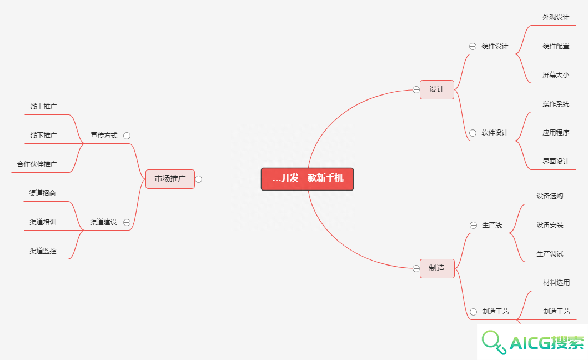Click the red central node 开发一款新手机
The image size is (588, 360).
(307, 179)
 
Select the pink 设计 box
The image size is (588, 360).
(437, 89)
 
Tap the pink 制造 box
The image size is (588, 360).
(437, 268)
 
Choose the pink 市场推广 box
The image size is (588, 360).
(170, 179)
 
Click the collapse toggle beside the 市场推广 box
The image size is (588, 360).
(199, 179)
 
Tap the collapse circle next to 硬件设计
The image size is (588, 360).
(473, 46)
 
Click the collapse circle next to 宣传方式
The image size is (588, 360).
(127, 136)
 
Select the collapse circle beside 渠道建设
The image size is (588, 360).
(127, 222)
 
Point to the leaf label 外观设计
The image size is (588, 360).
(556, 17)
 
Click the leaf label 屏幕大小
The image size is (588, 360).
(556, 74)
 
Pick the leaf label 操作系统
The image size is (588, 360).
(556, 103)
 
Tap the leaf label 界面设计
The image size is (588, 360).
(556, 162)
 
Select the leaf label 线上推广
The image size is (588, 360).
(43, 107)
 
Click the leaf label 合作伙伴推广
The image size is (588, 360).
(37, 164)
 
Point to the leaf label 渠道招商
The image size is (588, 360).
(42, 193)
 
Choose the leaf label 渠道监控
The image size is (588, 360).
(43, 251)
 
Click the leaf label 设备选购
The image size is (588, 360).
(550, 196)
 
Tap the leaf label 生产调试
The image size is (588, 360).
(550, 254)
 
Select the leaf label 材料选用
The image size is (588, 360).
(556, 283)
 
